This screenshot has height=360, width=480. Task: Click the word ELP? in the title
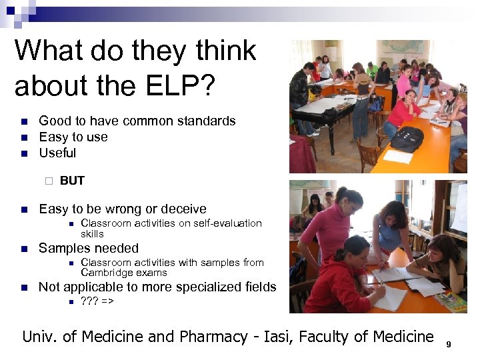click(x=183, y=85)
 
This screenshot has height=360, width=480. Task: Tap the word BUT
click(x=72, y=181)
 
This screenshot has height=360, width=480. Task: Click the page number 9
click(x=449, y=344)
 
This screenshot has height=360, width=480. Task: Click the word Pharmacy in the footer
click(x=208, y=337)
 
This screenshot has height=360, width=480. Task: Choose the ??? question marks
click(x=89, y=301)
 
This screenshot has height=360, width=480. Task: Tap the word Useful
click(x=58, y=153)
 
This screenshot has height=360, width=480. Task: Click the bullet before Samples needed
click(x=23, y=249)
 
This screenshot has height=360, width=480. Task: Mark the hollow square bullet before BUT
click(x=48, y=181)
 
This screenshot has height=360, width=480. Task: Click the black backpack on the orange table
click(x=406, y=138)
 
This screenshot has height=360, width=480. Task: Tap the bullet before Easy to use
click(x=23, y=137)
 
